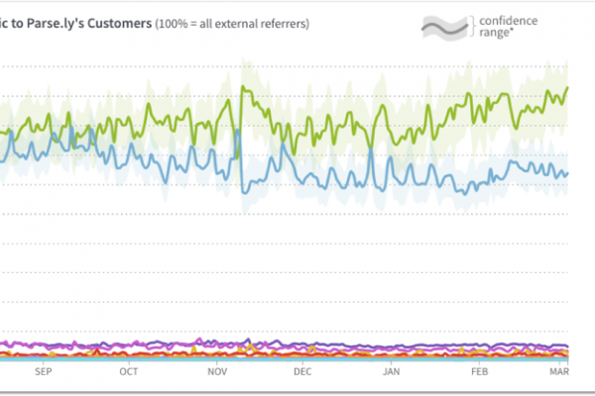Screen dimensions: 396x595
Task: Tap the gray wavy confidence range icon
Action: [x=444, y=27]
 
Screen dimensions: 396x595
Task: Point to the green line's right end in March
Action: [x=567, y=87]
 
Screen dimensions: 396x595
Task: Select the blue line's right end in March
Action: [x=567, y=172]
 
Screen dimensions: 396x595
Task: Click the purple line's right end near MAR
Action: [x=567, y=346]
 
